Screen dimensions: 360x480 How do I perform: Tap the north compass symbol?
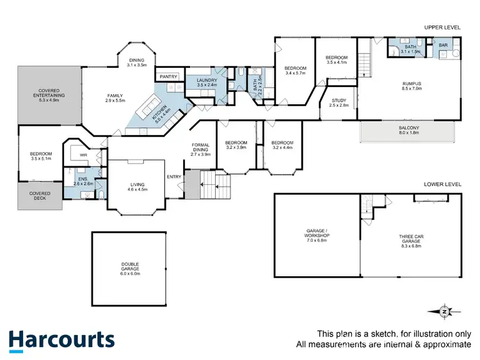coord(444,311)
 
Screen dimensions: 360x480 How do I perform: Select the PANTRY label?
coord(169,77)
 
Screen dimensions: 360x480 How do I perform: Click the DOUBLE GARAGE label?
coord(130,267)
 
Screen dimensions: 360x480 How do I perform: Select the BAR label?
coord(443,45)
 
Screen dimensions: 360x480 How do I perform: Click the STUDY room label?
coord(339,102)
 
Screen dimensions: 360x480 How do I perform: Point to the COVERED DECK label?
coord(40,195)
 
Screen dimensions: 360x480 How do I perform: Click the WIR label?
coord(83,155)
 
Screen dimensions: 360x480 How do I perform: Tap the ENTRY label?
coord(174,177)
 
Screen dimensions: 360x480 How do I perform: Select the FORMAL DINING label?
coord(200,150)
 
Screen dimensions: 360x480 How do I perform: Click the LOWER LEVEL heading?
coord(442,184)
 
